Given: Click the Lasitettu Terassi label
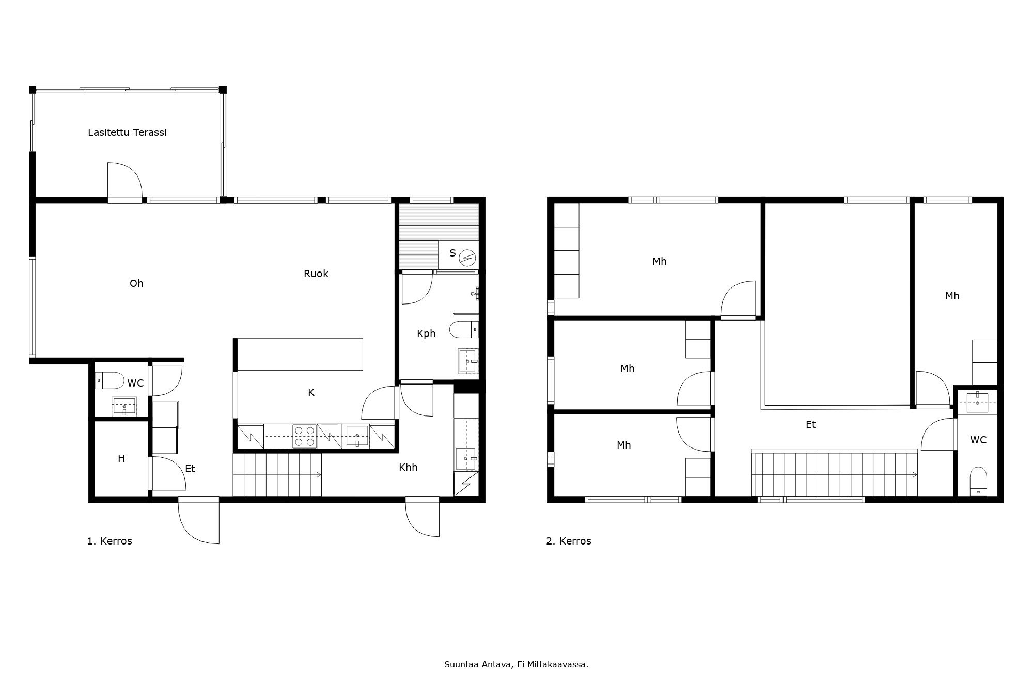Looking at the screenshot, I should [x=127, y=132].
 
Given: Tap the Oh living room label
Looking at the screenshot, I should [x=136, y=283].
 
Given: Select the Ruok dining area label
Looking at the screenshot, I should [x=316, y=274].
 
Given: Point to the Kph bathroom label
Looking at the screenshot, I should [x=426, y=333].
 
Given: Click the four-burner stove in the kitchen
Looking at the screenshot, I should [x=305, y=436].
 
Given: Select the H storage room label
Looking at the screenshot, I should [x=121, y=458].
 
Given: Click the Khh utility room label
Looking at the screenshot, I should [x=408, y=467].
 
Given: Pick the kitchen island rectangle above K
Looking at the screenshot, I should [x=300, y=354].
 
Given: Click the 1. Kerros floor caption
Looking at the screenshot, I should [x=109, y=541].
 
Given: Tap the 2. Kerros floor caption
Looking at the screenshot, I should [x=569, y=541].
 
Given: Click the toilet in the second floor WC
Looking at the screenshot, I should [x=978, y=480].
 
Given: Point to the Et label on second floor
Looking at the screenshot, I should [x=811, y=424].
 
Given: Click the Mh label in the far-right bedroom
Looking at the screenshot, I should [x=952, y=296].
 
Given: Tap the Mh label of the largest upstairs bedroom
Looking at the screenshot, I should [x=660, y=261].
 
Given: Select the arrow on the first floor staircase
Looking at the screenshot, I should [x=319, y=475].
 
